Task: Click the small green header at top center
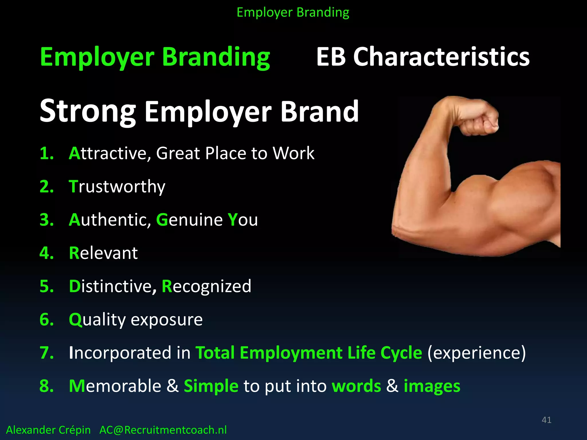point(293,13)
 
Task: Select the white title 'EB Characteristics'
point(423,57)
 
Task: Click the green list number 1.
point(46,153)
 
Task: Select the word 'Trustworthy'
point(117,187)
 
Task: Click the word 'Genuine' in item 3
point(189,220)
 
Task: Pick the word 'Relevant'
point(103,253)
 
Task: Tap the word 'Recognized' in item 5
point(206,286)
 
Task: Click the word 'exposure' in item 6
point(167,320)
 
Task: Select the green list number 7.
point(46,353)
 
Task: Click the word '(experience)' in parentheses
point(476,353)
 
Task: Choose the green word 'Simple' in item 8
point(211,386)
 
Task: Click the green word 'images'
point(432,386)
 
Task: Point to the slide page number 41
point(546,420)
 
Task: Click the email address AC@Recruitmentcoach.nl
point(163,430)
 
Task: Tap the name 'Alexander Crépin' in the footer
point(48,430)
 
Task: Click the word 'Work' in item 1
point(293,153)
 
